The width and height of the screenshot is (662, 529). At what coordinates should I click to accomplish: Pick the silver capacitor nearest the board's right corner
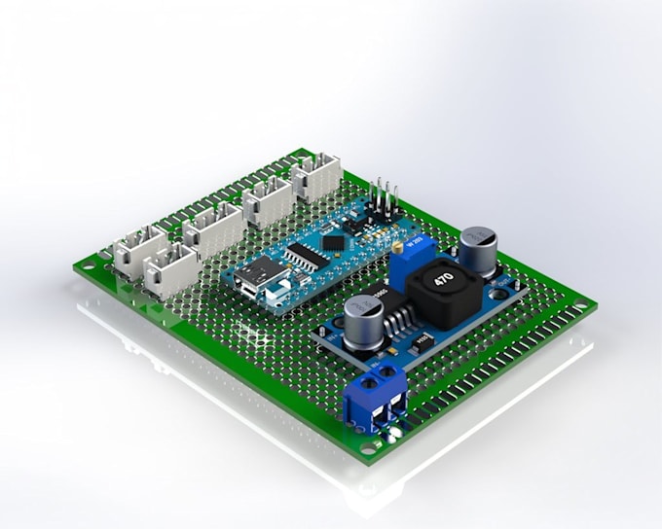[478, 250]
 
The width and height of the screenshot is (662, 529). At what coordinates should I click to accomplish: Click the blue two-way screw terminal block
[377, 397]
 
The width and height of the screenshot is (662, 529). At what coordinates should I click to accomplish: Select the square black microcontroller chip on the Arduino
[333, 239]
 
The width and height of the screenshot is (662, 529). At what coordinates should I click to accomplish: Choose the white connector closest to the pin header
[315, 177]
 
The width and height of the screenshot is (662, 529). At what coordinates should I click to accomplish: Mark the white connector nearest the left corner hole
[138, 249]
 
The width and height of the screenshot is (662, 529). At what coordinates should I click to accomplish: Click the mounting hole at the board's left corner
[92, 264]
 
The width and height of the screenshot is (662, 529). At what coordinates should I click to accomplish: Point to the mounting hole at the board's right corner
[582, 307]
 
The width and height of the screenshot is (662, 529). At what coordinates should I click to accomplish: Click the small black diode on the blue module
[423, 341]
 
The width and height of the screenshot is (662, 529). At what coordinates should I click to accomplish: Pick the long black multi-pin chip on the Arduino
[304, 256]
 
